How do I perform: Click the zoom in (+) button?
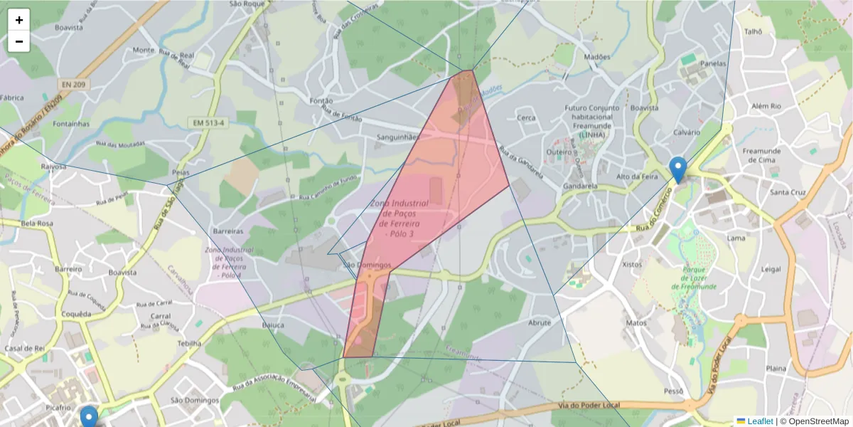[19, 20]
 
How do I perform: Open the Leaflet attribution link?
[759, 421]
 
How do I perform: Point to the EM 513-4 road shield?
[208, 123]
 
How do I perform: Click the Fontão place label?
[322, 101]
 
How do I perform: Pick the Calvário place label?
[687, 133]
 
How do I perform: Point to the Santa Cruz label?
[788, 192]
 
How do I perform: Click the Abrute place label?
[540, 322]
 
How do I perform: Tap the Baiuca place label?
[273, 325]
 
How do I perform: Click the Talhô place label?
[753, 31]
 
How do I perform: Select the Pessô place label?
[672, 391]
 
